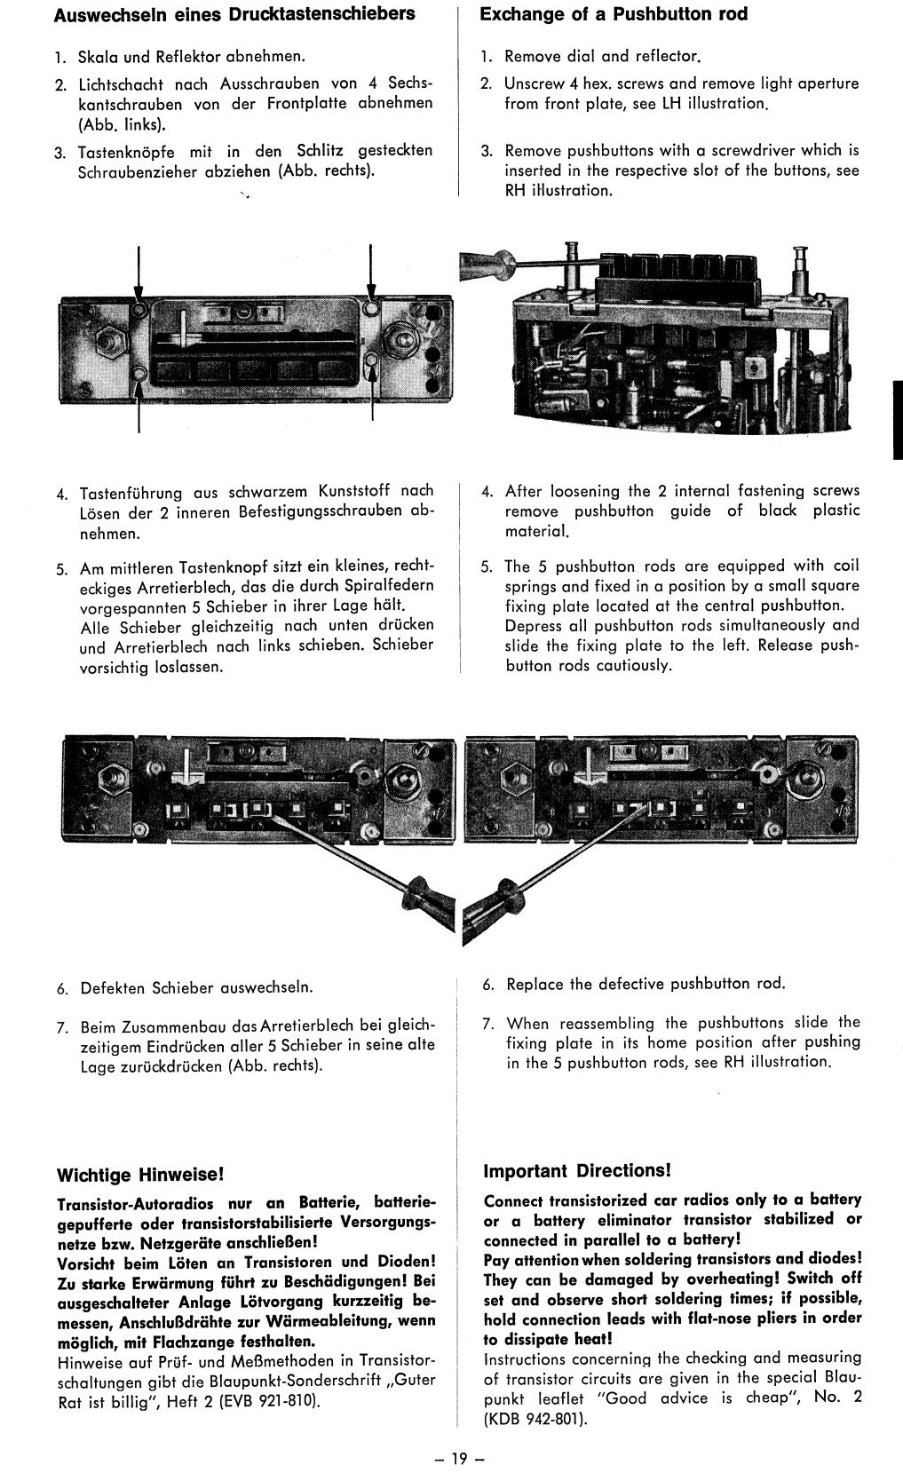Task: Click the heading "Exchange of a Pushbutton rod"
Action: click(x=613, y=14)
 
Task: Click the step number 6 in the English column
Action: click(x=487, y=985)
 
